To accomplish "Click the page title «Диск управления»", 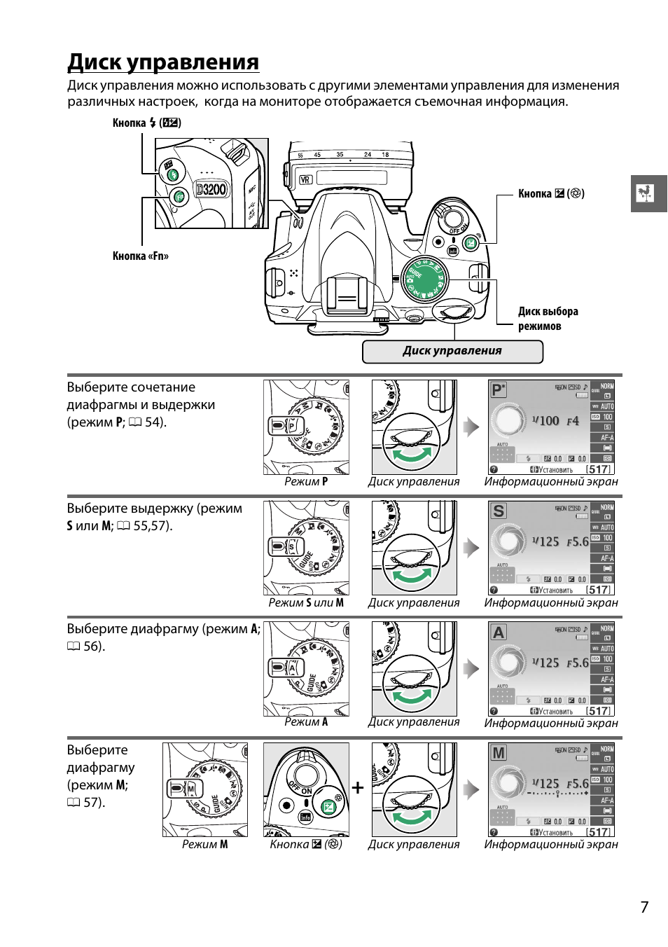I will tap(163, 62).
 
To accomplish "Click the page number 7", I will tap(644, 907).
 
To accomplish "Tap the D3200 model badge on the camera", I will tap(211, 189).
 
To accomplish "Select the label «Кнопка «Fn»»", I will tap(140, 256).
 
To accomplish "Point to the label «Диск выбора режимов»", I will tap(548, 319).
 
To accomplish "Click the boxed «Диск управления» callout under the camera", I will tap(452, 351).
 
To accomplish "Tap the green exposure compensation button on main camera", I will tap(471, 244).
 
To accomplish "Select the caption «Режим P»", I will tap(306, 482).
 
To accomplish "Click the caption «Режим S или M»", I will tap(306, 603).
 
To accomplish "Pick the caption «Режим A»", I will tap(306, 722).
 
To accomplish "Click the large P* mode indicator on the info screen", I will tap(499, 389).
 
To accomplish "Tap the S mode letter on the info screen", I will tap(498, 511).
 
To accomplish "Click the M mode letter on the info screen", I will tap(498, 753).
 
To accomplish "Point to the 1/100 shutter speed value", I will tap(545, 421).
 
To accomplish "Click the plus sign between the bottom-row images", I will tap(358, 788).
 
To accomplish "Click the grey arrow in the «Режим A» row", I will tap(472, 669).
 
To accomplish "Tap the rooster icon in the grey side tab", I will tap(646, 193).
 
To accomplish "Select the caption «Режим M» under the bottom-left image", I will tap(204, 845).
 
